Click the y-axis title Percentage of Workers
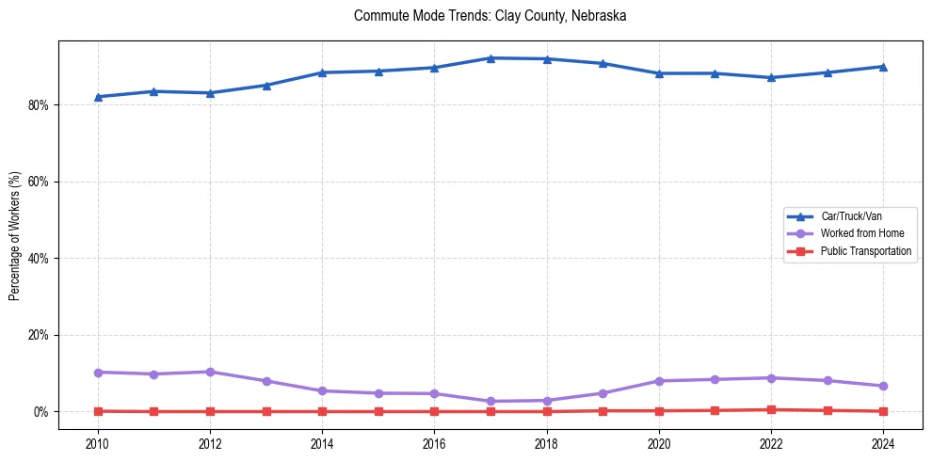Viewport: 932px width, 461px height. pyautogui.click(x=14, y=235)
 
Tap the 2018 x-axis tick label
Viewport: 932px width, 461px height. pyautogui.click(x=546, y=442)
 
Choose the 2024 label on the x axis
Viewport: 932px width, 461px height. pyautogui.click(x=883, y=442)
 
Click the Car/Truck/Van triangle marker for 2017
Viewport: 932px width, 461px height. pyautogui.click(x=490, y=58)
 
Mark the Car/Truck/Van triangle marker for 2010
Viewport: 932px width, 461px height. pyautogui.click(x=98, y=97)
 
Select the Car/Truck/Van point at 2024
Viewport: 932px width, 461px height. pyautogui.click(x=883, y=67)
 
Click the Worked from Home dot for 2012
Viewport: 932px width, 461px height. pyautogui.click(x=210, y=372)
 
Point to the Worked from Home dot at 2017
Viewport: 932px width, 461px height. pyautogui.click(x=490, y=402)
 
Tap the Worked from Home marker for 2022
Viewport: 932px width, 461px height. pyautogui.click(x=771, y=378)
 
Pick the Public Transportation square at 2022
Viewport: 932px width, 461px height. pyautogui.click(x=771, y=410)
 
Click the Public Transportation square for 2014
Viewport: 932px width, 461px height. pyautogui.click(x=322, y=411)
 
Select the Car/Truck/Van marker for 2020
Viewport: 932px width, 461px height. pyautogui.click(x=659, y=73)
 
